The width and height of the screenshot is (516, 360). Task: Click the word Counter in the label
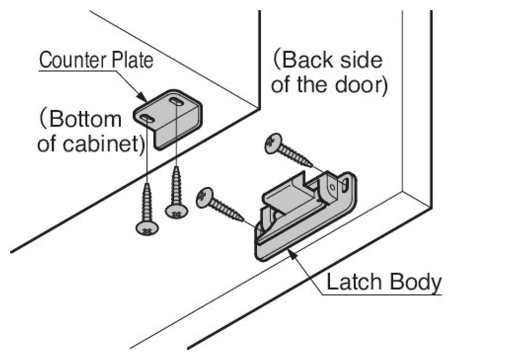pos(73,60)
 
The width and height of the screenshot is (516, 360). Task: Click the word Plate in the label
pos(132,60)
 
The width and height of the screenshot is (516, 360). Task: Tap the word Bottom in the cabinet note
pos(85,119)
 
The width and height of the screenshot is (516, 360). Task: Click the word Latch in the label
pos(353,282)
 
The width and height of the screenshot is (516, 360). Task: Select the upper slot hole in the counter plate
pos(175,102)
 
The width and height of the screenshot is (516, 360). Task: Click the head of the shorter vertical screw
pos(176,211)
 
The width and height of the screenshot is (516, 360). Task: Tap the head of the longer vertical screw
pos(147,228)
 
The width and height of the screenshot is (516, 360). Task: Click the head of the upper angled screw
pos(273,143)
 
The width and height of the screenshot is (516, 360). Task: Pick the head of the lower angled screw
pos(204,198)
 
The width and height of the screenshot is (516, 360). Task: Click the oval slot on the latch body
pos(345,185)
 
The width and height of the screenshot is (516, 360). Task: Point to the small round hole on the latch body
pos(332,188)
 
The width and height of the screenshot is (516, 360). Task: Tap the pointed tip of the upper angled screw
pos(312,167)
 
